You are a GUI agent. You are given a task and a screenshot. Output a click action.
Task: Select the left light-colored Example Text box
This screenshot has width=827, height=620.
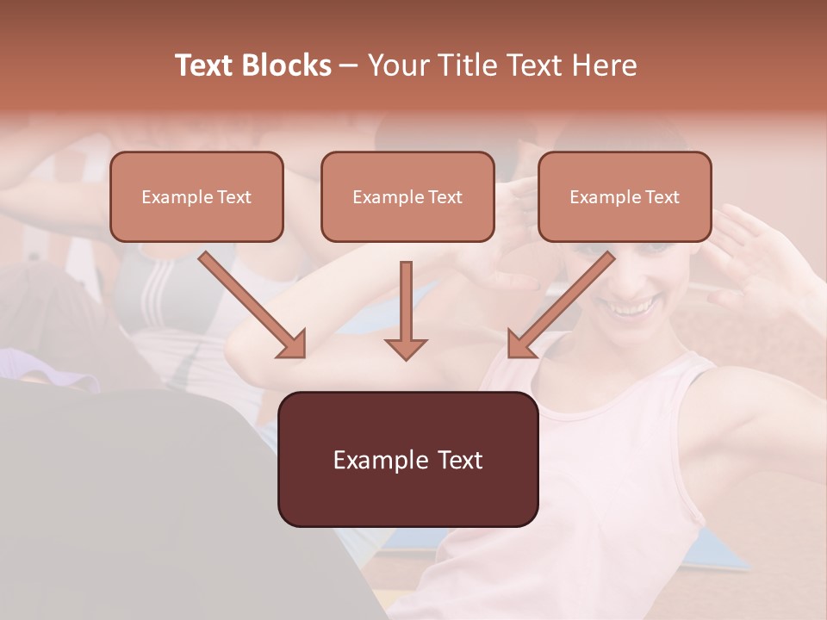tap(196, 196)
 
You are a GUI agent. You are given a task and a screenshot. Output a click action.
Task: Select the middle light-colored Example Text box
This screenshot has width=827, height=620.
tap(407, 196)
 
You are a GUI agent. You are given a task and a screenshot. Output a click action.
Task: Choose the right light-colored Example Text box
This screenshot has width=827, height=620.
tap(625, 196)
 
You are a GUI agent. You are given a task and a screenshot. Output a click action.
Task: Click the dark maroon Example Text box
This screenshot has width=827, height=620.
tap(407, 459)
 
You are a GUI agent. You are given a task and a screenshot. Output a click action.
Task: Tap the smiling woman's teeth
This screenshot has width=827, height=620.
tap(633, 307)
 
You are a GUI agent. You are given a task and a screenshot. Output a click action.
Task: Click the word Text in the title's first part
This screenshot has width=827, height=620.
tap(206, 65)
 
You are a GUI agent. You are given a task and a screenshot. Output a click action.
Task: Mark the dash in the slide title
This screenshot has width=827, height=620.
tap(349, 65)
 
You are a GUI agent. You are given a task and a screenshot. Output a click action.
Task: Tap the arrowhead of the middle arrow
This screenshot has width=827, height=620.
tap(406, 347)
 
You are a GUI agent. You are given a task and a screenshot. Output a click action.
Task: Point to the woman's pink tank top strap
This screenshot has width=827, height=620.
tap(681, 379)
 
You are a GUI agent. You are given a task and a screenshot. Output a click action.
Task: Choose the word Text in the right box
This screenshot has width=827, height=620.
tap(662, 197)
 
